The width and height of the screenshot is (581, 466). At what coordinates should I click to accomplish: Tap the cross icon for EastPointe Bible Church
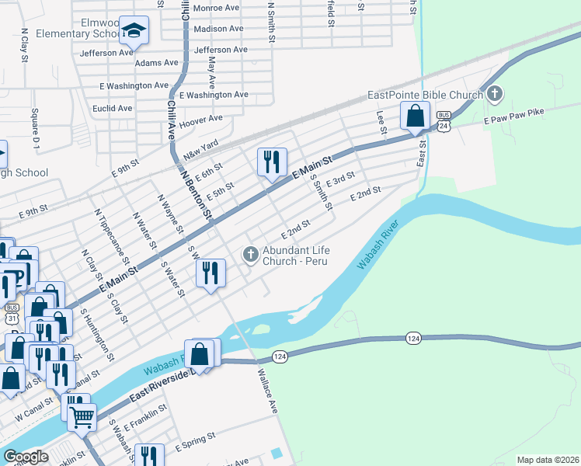[x=494, y=95]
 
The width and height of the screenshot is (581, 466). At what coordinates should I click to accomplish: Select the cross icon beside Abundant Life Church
[x=250, y=254]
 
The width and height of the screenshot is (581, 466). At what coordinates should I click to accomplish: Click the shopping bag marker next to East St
[x=415, y=116]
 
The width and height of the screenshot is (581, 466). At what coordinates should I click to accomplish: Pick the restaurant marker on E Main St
[x=272, y=162]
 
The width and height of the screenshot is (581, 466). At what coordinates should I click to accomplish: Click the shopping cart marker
[x=82, y=417]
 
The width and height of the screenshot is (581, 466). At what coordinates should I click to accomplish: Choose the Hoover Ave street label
[x=200, y=121]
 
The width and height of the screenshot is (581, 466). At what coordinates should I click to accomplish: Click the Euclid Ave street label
[x=112, y=108]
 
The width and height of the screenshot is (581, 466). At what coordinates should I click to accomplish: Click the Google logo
[x=26, y=457]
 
